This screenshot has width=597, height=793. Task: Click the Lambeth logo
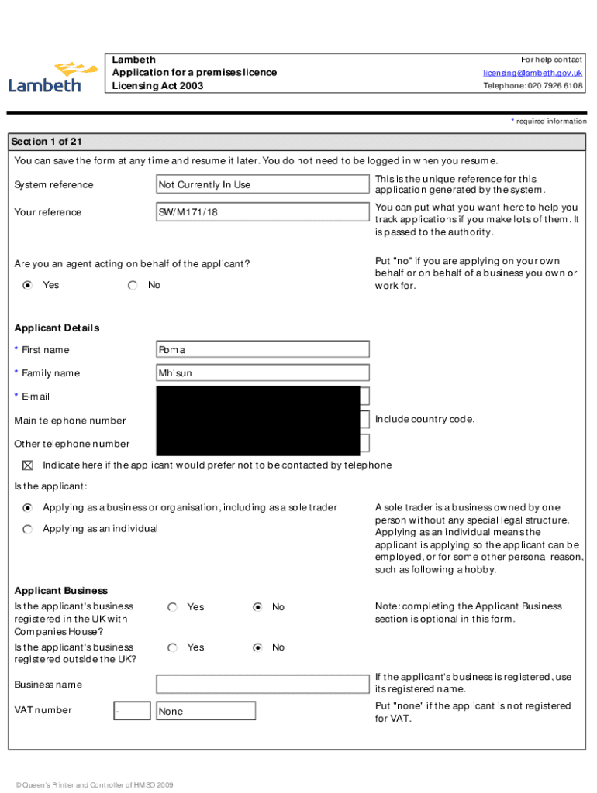pos(53,77)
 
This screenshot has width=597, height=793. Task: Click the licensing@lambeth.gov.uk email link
pos(533,73)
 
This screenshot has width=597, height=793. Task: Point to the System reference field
pos(262,184)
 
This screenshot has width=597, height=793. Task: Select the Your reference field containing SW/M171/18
pos(262,212)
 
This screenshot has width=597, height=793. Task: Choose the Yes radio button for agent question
pos(28,285)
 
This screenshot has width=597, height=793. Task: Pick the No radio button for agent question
pos(133,285)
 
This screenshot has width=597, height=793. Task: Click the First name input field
pos(262,349)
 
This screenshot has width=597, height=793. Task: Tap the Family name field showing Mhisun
pos(262,373)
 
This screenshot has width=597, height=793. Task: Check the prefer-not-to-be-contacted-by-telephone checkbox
pos(28,465)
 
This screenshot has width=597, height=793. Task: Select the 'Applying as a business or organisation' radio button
pos(28,508)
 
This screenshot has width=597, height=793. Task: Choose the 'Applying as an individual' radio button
pos(28,529)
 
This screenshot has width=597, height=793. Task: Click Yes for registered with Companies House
pos(172,607)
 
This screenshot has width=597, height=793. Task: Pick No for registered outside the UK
pos(257,647)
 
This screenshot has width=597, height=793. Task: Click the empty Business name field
pos(262,684)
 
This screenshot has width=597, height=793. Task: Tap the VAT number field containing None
pos(205,711)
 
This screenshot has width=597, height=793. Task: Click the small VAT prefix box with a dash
pos(132,711)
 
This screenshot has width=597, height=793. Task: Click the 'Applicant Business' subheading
pos(61,590)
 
